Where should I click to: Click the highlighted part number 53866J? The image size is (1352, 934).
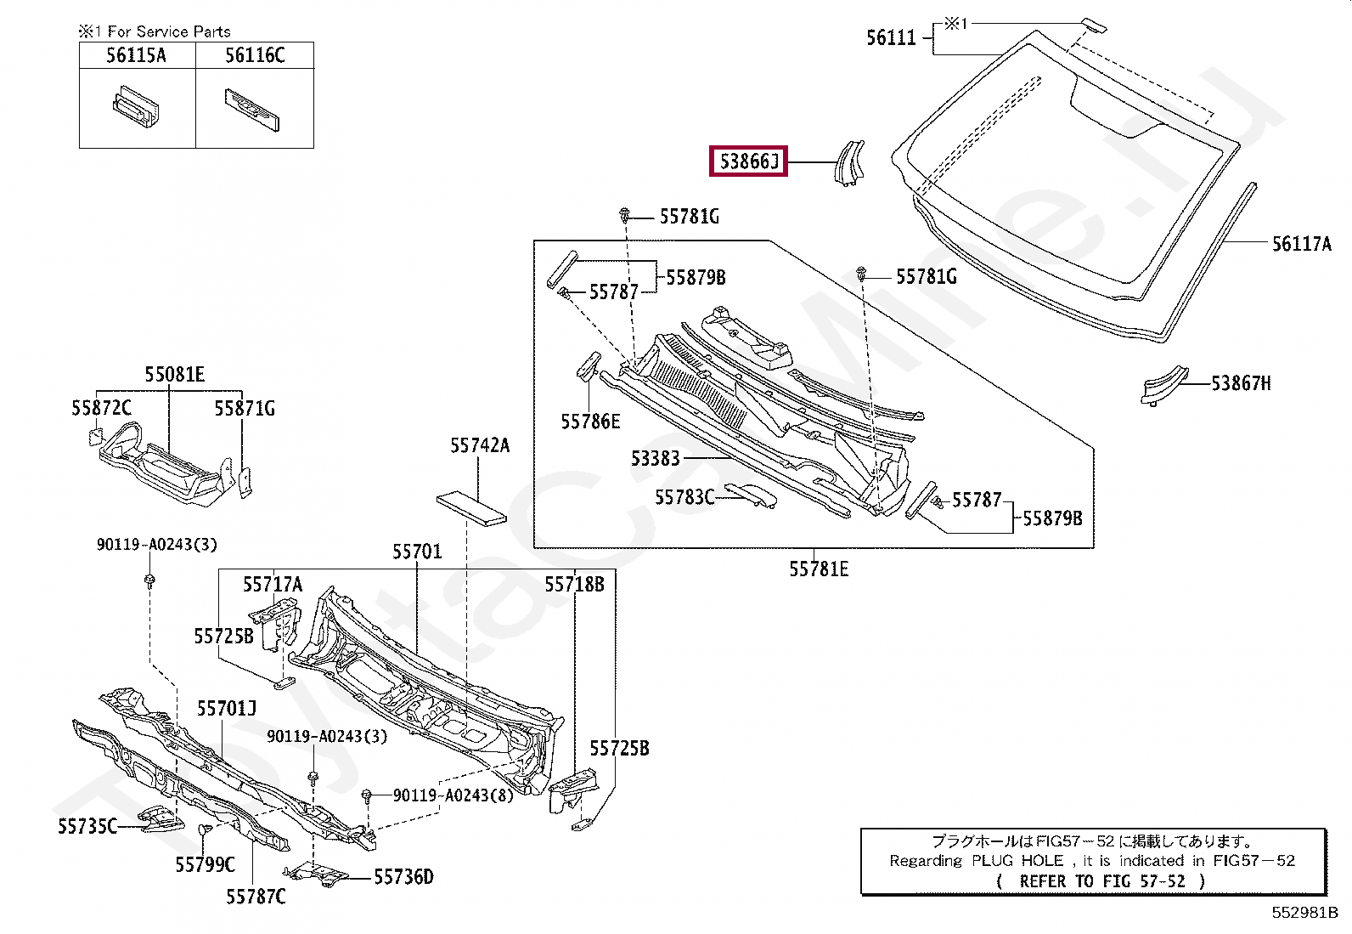pyautogui.click(x=748, y=161)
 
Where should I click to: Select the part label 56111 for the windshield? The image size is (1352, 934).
pyautogui.click(x=891, y=38)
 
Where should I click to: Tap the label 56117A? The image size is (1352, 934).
pyautogui.click(x=1301, y=243)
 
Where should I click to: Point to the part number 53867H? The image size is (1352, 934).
pyautogui.click(x=1241, y=383)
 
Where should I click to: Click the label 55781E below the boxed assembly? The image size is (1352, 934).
pyautogui.click(x=819, y=569)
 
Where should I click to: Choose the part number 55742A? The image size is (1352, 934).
pyautogui.click(x=480, y=445)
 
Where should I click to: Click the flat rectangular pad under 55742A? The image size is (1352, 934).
pyautogui.click(x=471, y=507)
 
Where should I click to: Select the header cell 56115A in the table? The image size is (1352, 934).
pyautogui.click(x=136, y=55)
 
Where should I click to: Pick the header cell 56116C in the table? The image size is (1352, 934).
pyautogui.click(x=255, y=55)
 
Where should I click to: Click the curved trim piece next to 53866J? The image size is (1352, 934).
pyautogui.click(x=850, y=163)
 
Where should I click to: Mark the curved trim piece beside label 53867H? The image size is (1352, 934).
pyautogui.click(x=1163, y=385)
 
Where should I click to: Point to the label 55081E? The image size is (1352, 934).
pyautogui.click(x=174, y=375)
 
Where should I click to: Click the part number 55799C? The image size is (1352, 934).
pyautogui.click(x=206, y=864)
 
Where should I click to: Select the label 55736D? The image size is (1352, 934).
pyautogui.click(x=403, y=876)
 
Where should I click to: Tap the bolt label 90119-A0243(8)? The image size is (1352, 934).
pyautogui.click(x=453, y=795)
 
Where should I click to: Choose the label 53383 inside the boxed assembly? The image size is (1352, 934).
pyautogui.click(x=656, y=459)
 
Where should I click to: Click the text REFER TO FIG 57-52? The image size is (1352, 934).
pyautogui.click(x=1102, y=881)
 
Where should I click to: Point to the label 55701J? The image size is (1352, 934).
pyautogui.click(x=227, y=708)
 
